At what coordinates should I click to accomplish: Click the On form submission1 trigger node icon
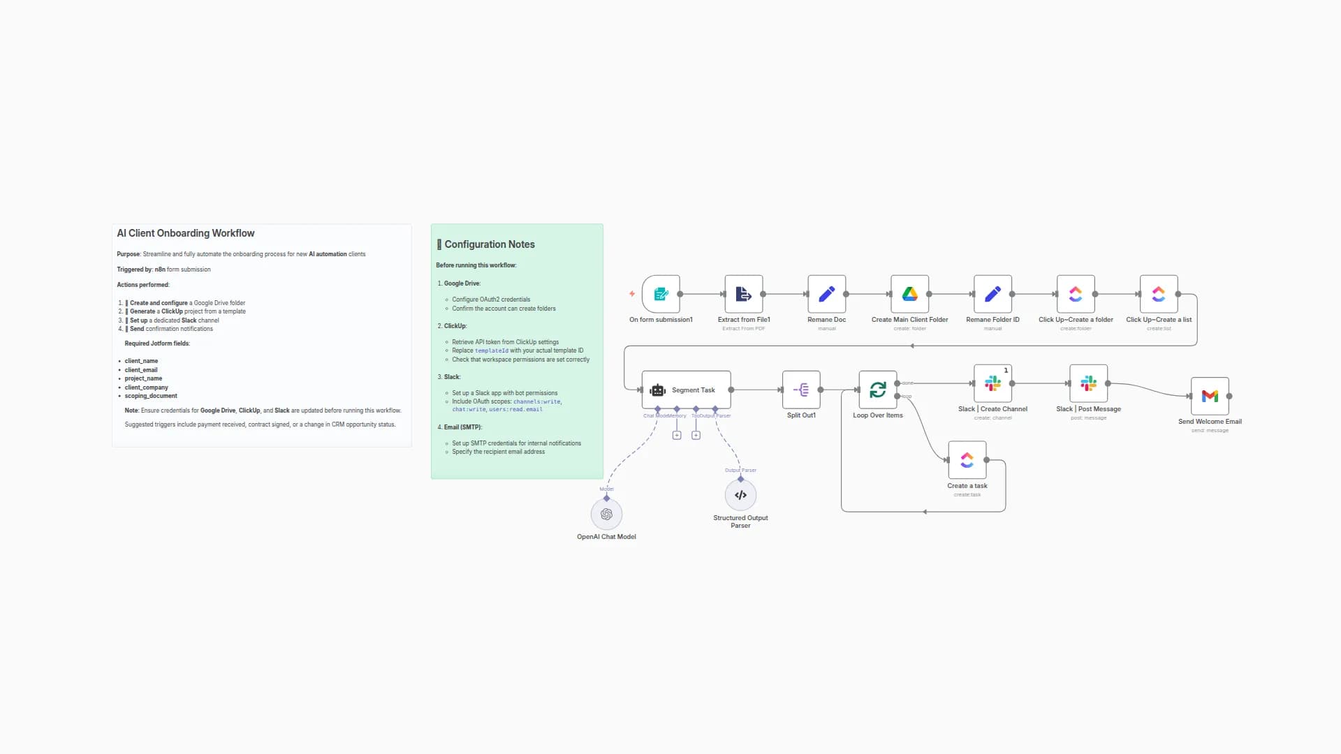click(661, 294)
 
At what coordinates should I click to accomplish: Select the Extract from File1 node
click(743, 294)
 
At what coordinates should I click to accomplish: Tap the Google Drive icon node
click(909, 294)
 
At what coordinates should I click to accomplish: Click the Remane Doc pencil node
click(826, 294)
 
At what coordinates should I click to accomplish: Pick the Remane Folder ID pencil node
click(992, 294)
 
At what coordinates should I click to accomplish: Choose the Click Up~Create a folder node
click(1076, 294)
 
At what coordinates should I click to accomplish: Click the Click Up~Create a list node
click(1159, 294)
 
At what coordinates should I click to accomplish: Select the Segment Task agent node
click(686, 390)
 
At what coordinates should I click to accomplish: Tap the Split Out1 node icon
click(801, 390)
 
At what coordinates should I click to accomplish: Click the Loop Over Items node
click(877, 390)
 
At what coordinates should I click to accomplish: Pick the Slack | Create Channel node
click(992, 383)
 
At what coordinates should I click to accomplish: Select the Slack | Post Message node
click(1088, 383)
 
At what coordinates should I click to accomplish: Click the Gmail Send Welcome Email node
click(1210, 396)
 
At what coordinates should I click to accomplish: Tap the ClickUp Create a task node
click(967, 460)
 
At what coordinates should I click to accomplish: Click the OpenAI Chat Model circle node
click(606, 515)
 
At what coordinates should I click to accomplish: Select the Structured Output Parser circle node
click(740, 495)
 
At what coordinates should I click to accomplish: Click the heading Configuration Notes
click(489, 244)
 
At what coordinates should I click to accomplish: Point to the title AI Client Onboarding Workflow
click(186, 233)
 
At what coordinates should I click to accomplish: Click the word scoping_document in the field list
click(151, 396)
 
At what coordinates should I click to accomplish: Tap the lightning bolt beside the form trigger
click(632, 294)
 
